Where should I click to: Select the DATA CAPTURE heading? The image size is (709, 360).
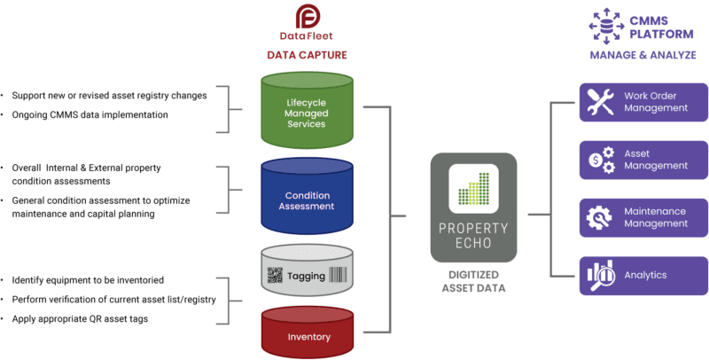coord(307,55)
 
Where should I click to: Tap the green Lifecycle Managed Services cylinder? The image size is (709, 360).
coord(306,112)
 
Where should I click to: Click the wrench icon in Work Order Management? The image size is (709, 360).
coord(601,102)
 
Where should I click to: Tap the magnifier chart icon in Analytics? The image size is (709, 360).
coord(601,275)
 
